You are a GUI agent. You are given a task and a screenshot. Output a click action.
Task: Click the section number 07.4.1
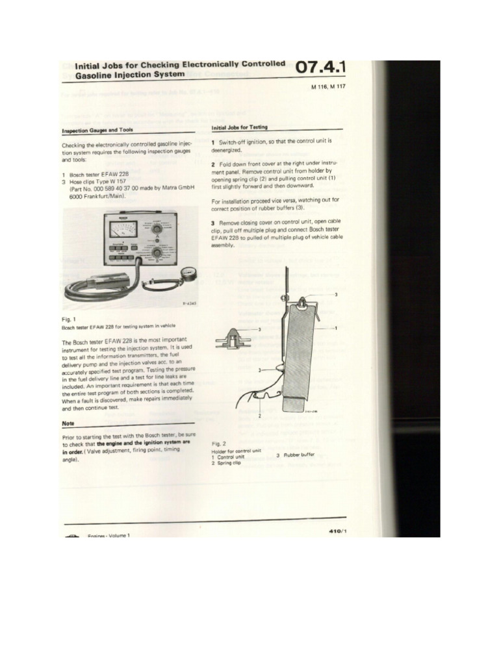pos(320,68)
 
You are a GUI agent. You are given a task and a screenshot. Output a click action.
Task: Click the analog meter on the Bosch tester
pos(123,229)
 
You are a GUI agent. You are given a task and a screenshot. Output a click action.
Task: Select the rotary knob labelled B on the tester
pos(157,253)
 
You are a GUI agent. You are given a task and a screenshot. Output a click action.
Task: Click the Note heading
pos(68,423)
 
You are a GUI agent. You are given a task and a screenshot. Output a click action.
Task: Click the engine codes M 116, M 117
pos(329,87)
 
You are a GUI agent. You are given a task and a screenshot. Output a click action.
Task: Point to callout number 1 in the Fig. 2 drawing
pos(336,328)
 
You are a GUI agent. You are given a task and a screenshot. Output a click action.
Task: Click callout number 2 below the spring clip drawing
pos(260,414)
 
